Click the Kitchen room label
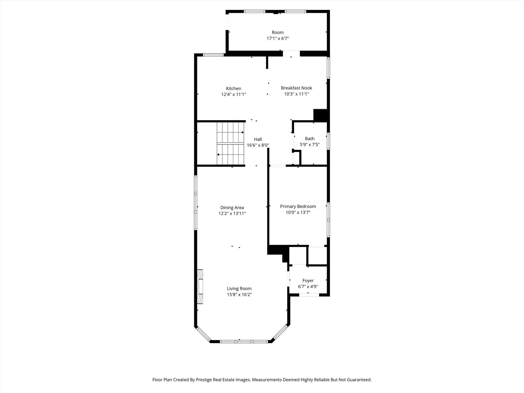(x=233, y=88)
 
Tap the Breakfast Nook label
(x=296, y=88)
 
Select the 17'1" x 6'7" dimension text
(x=278, y=38)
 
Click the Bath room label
(x=310, y=139)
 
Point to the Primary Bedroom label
(x=298, y=206)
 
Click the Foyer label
(x=308, y=281)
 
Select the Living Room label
(x=239, y=289)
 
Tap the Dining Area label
(x=232, y=208)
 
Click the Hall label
(x=258, y=139)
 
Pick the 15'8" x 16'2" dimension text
(x=239, y=295)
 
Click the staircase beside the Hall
(x=230, y=143)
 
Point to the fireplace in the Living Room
(x=200, y=286)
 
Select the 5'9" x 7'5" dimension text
(x=310, y=144)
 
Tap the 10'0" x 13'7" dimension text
(x=298, y=213)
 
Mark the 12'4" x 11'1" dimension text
(x=233, y=95)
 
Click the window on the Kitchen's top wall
(x=213, y=55)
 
